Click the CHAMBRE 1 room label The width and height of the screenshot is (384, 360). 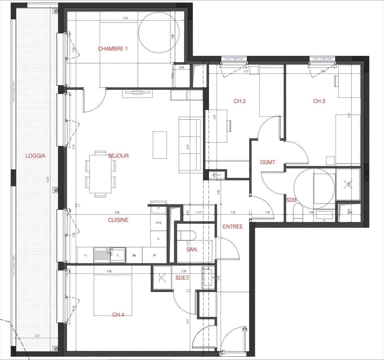(113, 49)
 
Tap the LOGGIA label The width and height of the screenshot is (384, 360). (35, 156)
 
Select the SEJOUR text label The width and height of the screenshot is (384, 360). (118, 156)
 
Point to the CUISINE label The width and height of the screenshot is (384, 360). (118, 220)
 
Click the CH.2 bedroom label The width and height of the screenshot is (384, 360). (239, 101)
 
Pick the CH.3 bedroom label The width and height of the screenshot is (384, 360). (319, 101)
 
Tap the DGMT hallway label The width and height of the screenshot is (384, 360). (268, 162)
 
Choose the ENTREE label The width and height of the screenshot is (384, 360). (233, 227)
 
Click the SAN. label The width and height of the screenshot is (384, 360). (192, 249)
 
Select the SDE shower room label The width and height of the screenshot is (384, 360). (180, 278)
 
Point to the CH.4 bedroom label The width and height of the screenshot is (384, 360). (118, 314)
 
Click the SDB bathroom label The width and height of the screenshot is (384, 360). (291, 200)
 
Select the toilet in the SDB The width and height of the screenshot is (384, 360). (298, 213)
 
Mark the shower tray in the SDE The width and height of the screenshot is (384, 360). (162, 278)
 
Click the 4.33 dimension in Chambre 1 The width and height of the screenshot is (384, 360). (125, 18)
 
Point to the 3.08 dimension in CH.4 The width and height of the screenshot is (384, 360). (109, 271)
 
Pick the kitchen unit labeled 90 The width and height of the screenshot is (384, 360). (154, 255)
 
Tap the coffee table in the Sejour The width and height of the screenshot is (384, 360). (159, 145)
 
